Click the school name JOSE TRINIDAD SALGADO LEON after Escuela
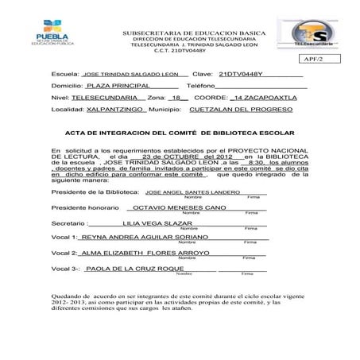click(130, 72)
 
